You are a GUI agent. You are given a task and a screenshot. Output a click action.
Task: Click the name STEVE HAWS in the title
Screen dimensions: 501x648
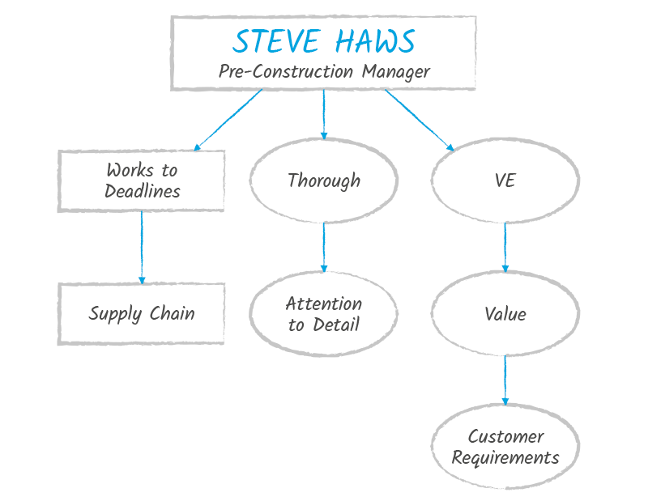coord(324,41)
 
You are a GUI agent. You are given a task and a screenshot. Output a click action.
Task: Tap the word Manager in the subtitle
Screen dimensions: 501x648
coord(395,71)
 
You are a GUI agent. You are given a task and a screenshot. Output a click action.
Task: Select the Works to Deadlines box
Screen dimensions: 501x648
coord(142,180)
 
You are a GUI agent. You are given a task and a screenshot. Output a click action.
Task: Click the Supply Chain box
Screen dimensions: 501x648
coord(142,313)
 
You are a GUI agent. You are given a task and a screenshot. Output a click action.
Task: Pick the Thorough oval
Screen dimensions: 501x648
coord(324,180)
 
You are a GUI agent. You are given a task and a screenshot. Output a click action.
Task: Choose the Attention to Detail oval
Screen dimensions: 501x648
coord(324,314)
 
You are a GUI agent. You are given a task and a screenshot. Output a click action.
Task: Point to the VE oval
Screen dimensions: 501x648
coord(505,180)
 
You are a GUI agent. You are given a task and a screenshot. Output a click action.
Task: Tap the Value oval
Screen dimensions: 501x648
coord(505,314)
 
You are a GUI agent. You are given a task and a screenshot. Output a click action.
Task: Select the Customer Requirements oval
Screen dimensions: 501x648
coord(505,447)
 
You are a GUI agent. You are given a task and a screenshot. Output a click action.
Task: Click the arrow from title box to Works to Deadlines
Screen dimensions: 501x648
coord(228,120)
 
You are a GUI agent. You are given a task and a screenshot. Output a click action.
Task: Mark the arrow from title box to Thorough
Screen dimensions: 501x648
coord(324,114)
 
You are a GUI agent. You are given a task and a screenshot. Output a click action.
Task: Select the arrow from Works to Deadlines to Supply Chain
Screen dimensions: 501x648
coord(142,247)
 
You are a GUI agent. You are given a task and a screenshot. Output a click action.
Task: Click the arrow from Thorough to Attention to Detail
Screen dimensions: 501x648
coord(324,247)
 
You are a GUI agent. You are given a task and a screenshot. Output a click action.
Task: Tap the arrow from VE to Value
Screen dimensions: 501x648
coord(505,247)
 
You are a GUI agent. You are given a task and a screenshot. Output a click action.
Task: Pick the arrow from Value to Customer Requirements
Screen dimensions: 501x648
coord(505,380)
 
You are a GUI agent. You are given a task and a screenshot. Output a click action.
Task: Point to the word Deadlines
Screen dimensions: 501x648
coord(142,191)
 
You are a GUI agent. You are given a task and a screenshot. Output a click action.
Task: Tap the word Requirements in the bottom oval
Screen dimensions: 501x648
coord(505,457)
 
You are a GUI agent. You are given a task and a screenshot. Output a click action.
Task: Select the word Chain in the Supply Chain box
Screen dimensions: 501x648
coord(171,313)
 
